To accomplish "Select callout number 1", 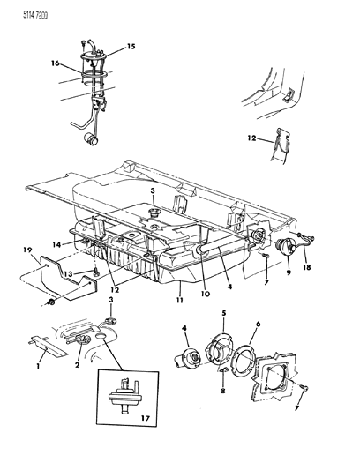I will click(x=36, y=364).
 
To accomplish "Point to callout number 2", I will click(x=79, y=364).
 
